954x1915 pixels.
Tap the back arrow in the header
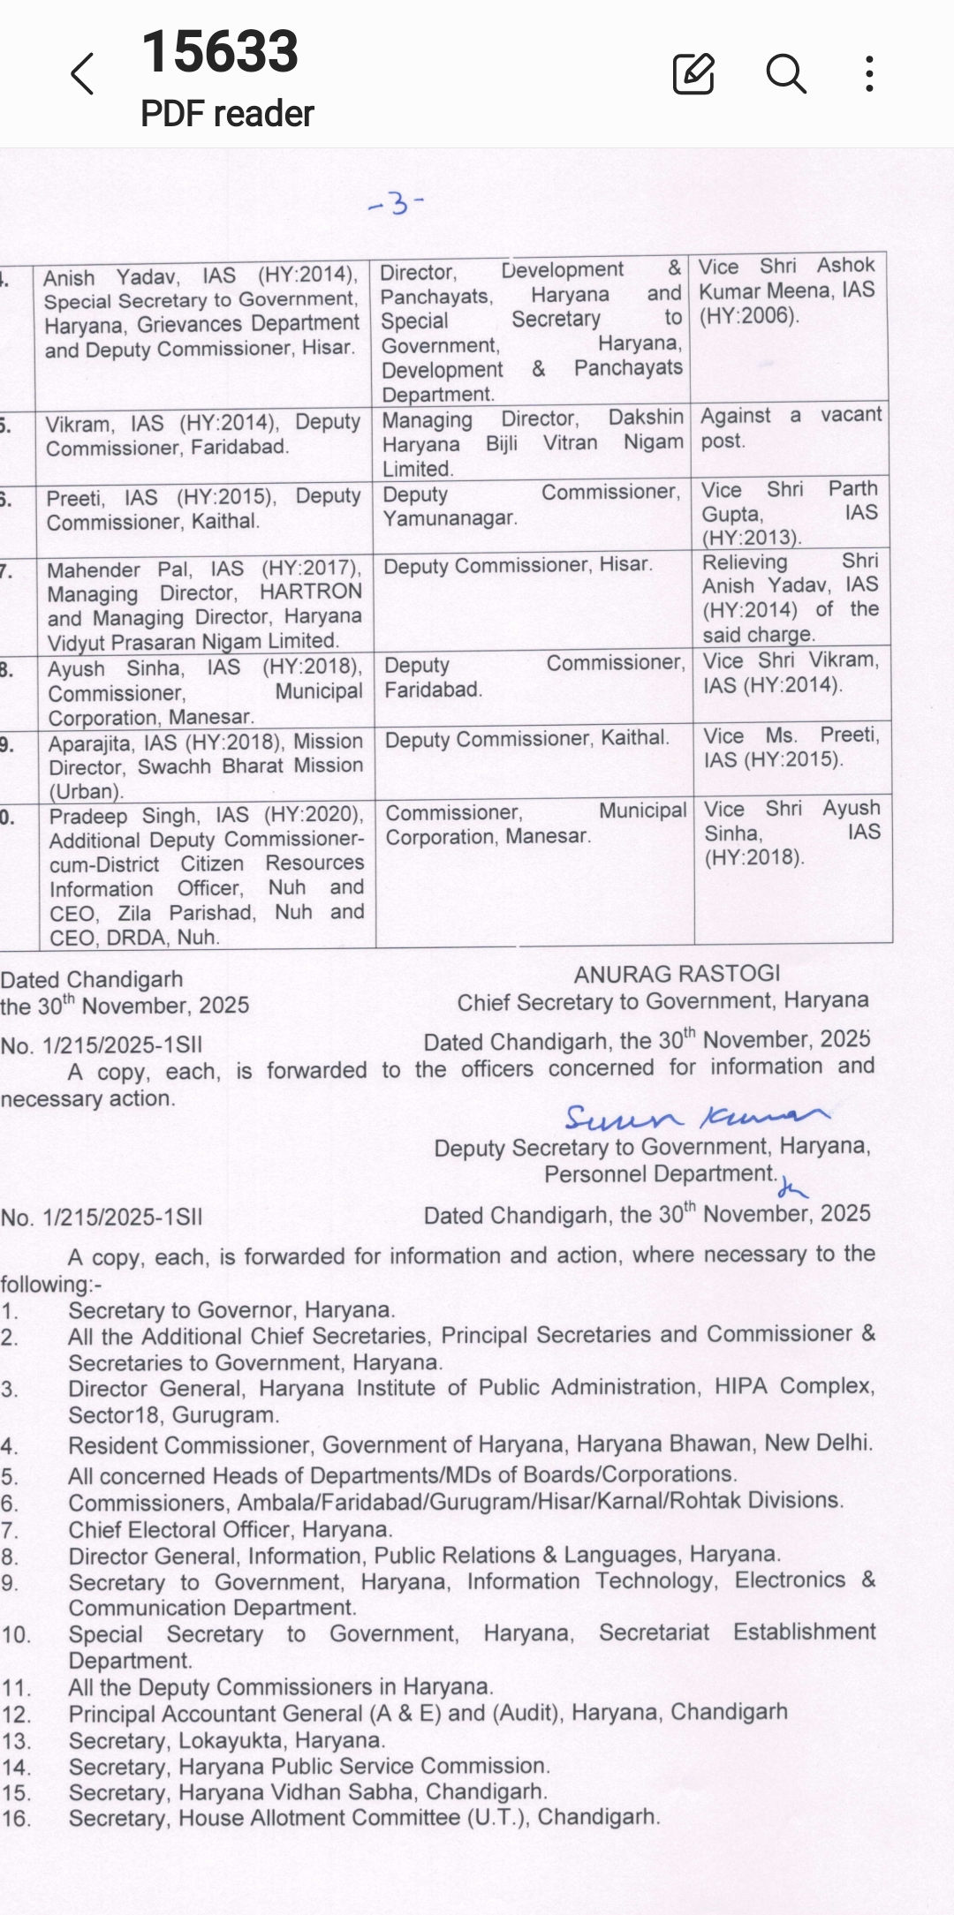pyautogui.click(x=82, y=73)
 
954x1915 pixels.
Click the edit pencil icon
pyautogui.click(x=693, y=73)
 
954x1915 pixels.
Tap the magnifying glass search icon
pyautogui.click(x=785, y=73)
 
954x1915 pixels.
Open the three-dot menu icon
pyautogui.click(x=870, y=73)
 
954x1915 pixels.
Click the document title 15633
pyautogui.click(x=220, y=51)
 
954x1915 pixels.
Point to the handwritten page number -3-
pyautogui.click(x=396, y=204)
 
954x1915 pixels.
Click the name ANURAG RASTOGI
pyautogui.click(x=677, y=974)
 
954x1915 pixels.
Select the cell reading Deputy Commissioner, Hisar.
pyautogui.click(x=518, y=565)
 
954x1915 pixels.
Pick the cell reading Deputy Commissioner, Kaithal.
pyautogui.click(x=526, y=738)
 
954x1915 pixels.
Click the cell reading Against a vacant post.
pyautogui.click(x=791, y=428)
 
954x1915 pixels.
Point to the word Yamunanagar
pyautogui.click(x=449, y=518)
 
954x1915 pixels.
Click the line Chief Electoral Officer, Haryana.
pyautogui.click(x=231, y=1529)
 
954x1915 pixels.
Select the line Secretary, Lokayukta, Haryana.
pyautogui.click(x=227, y=1740)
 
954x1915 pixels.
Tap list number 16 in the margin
pyautogui.click(x=16, y=1819)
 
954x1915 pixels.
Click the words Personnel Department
pyautogui.click(x=659, y=1174)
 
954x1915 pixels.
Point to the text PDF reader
pyautogui.click(x=227, y=114)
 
